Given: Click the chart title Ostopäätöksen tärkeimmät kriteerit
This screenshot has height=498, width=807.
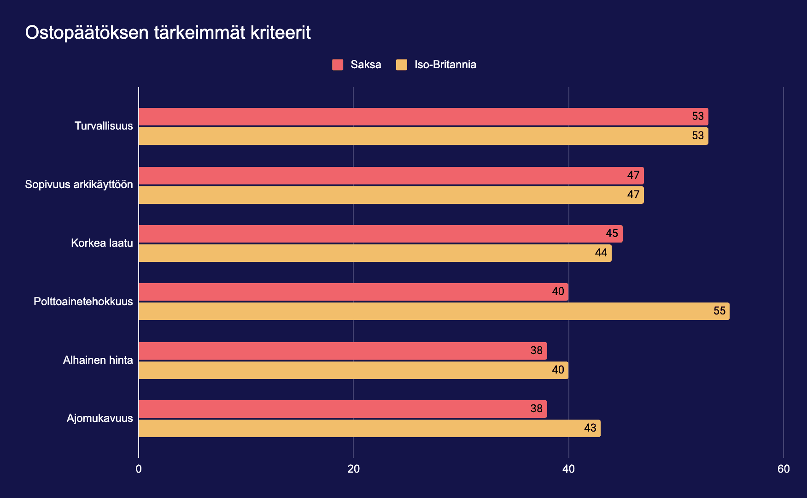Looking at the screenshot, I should click(x=168, y=33).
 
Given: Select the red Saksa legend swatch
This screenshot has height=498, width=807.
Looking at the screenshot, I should click(x=338, y=65).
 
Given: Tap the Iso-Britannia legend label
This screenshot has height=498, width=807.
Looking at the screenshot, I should click(x=445, y=65).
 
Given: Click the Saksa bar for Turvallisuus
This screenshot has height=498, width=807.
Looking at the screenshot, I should click(x=423, y=117).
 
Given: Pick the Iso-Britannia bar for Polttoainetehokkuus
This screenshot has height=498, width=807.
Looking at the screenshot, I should click(x=433, y=311).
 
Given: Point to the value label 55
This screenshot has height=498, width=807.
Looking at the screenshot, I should click(x=719, y=311).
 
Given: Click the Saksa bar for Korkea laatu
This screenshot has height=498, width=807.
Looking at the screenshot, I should click(x=380, y=234).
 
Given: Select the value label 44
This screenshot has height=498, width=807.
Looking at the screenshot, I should click(x=601, y=253).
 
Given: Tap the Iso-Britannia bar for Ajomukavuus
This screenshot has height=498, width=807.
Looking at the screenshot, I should click(x=369, y=428).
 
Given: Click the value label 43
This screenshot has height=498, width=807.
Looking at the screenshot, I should click(x=590, y=428).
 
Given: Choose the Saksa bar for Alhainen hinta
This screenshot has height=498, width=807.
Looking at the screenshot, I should click(x=342, y=351).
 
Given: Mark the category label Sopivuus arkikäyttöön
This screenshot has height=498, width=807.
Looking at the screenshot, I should click(x=79, y=185).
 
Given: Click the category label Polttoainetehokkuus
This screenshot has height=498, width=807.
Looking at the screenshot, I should click(x=83, y=302).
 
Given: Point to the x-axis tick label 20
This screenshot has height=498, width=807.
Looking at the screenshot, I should click(x=353, y=469).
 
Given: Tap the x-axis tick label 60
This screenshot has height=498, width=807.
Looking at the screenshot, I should click(x=783, y=469).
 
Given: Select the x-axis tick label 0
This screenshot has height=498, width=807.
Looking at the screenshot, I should click(x=139, y=469).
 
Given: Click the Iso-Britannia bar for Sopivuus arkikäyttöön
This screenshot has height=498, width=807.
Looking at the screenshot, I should click(x=391, y=195).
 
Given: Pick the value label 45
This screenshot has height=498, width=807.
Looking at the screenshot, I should click(x=611, y=234).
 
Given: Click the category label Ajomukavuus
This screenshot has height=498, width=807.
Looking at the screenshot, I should click(x=99, y=419).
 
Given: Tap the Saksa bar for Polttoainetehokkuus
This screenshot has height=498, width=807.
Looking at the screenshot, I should click(x=353, y=292).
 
